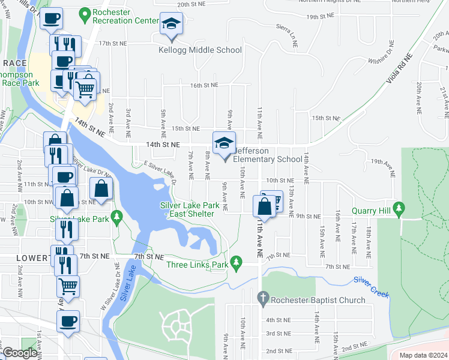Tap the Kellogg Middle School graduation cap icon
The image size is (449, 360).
tap(172, 25)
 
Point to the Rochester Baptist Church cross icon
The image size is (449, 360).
tap(262, 297)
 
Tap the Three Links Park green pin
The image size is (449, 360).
tap(237, 262)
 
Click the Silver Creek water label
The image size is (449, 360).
tap(371, 287)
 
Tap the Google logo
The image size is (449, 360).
tap(20, 353)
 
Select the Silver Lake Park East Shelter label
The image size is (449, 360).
tap(187, 209)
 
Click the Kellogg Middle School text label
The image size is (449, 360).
tap(199, 50)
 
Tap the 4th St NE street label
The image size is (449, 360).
tap(279, 320)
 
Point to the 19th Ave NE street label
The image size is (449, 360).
tap(385, 162)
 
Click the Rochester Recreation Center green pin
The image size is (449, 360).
tap(86, 12)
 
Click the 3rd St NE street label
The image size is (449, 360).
tap(279, 334)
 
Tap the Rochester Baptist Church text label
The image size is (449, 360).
tap(319, 300)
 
